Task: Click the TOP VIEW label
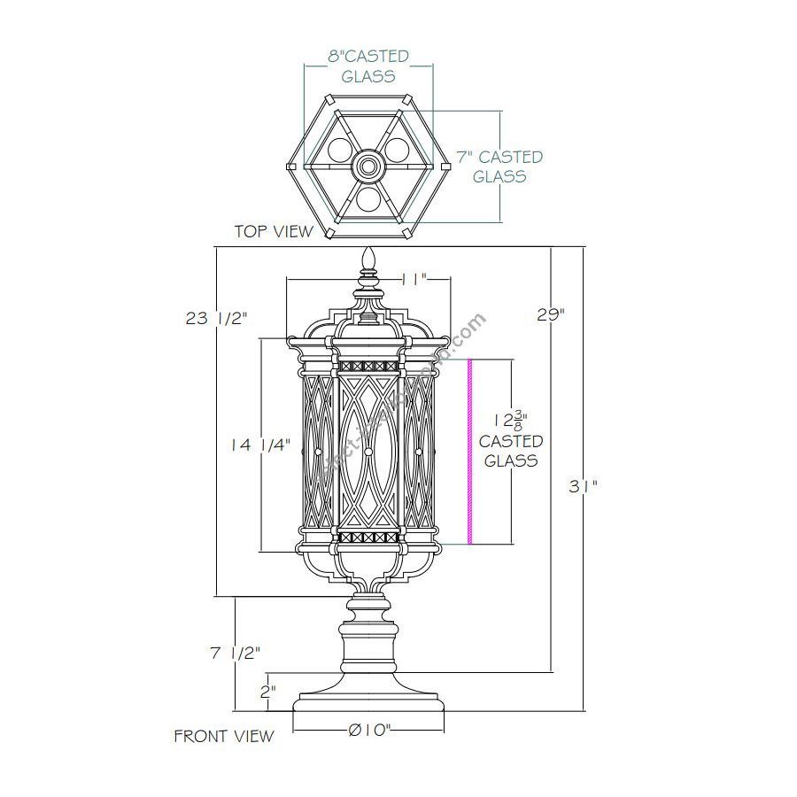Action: [274, 231]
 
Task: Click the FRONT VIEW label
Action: [224, 736]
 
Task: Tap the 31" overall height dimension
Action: [584, 485]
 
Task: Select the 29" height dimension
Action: [551, 313]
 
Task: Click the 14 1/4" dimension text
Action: [261, 446]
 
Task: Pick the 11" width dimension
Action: [414, 279]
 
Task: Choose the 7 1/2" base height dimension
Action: [235, 653]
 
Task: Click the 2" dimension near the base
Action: [268, 690]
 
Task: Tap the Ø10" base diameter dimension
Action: [370, 731]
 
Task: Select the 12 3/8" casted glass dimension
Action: [511, 441]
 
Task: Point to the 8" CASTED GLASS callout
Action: [368, 66]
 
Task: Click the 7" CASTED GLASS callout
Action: [499, 166]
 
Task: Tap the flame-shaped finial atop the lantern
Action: [369, 260]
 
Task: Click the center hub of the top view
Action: [368, 166]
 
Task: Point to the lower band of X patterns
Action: [369, 538]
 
